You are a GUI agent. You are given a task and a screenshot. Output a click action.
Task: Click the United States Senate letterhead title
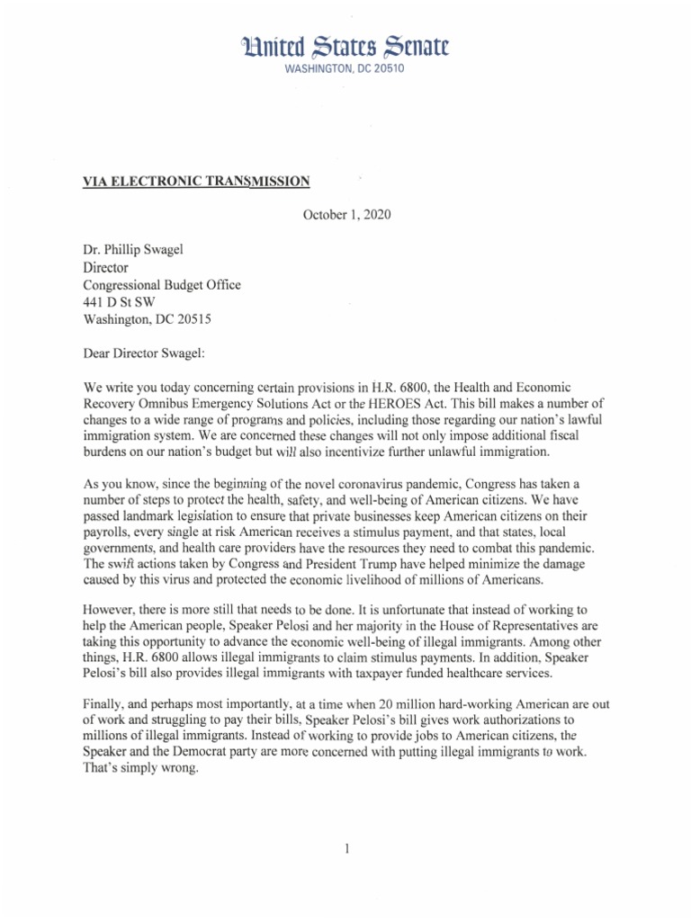(x=345, y=46)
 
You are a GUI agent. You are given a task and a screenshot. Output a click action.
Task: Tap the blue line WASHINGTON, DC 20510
(x=345, y=68)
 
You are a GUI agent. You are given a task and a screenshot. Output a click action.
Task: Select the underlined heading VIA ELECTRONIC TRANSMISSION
(x=196, y=181)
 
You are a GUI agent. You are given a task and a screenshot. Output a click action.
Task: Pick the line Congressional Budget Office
(x=161, y=285)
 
